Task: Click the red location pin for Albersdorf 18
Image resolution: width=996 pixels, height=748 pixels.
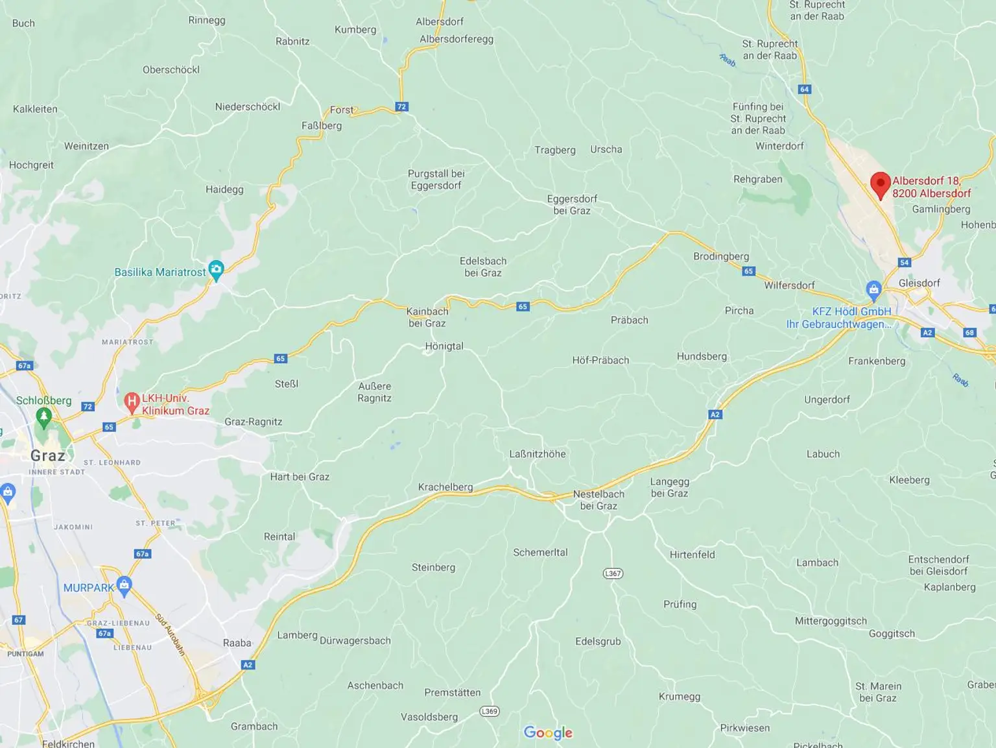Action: [880, 184]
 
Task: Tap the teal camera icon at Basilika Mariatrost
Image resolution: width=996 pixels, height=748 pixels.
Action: [216, 270]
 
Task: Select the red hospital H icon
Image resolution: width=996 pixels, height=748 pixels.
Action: [132, 403]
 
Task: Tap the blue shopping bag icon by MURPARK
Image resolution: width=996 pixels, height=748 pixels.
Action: [124, 586]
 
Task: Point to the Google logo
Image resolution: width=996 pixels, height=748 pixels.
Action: [548, 732]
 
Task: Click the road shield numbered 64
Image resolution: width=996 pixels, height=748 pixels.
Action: [805, 90]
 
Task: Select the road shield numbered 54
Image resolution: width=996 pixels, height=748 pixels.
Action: [905, 263]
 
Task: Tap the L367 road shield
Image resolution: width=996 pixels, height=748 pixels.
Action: [613, 573]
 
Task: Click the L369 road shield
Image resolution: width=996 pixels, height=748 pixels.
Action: [490, 712]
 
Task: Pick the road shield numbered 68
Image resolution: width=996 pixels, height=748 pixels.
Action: [969, 333]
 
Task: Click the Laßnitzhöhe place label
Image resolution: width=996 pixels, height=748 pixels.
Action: [537, 454]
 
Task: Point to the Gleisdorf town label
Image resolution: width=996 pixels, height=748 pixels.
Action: [919, 284]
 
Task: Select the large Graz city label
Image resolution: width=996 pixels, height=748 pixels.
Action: [48, 455]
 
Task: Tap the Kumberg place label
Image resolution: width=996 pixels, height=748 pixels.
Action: [355, 30]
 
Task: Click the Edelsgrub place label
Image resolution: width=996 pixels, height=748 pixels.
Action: [598, 642]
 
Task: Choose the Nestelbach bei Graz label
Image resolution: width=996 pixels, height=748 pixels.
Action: [599, 500]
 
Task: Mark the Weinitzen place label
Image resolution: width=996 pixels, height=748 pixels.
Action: [86, 147]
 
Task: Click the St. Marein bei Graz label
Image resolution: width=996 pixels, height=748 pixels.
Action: [878, 692]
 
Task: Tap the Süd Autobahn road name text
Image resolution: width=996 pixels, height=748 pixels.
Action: [171, 634]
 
